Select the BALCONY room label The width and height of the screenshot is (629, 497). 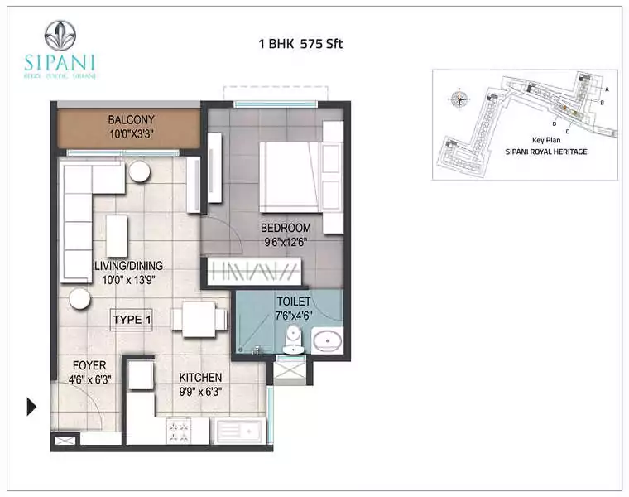click(x=131, y=120)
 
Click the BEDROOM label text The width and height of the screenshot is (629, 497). click(x=286, y=228)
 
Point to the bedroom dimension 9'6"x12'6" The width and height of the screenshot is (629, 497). click(x=286, y=242)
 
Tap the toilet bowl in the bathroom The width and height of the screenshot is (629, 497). click(x=293, y=340)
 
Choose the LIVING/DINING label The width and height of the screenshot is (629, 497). click(x=128, y=266)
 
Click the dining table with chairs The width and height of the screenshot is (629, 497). click(x=199, y=319)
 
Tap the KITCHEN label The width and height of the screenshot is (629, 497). click(x=201, y=377)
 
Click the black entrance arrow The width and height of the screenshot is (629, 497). click(x=32, y=406)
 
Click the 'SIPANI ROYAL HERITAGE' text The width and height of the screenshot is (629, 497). click(x=546, y=152)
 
